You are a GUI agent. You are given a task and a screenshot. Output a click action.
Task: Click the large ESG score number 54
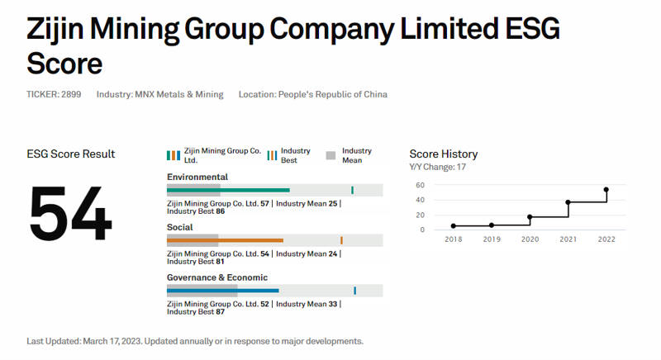pyautogui.click(x=71, y=215)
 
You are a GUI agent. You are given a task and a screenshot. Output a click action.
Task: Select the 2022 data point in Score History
pyautogui.click(x=606, y=189)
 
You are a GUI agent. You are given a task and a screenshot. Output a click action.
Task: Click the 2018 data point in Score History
pyautogui.click(x=453, y=226)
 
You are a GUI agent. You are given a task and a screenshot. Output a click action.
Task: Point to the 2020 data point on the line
pyautogui.click(x=530, y=217)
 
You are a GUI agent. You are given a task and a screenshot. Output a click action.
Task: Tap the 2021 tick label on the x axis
pyautogui.click(x=568, y=239)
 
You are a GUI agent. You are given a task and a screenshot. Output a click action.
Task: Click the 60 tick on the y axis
pyautogui.click(x=420, y=185)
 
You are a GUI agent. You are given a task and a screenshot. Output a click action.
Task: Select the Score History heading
pyautogui.click(x=443, y=154)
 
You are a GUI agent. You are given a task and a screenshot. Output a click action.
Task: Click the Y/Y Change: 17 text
pyautogui.click(x=438, y=167)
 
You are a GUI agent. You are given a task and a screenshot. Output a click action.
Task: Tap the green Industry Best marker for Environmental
pyautogui.click(x=352, y=190)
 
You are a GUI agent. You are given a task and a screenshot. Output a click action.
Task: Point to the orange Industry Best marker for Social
pyautogui.click(x=341, y=240)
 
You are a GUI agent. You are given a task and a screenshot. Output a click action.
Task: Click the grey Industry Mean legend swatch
pyautogui.click(x=330, y=155)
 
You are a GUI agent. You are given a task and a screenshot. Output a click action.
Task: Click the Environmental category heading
pyautogui.click(x=197, y=177)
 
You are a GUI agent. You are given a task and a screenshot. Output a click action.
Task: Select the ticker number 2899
pyautogui.click(x=71, y=94)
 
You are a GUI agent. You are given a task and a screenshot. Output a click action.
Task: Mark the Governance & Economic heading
pyautogui.click(x=217, y=277)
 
